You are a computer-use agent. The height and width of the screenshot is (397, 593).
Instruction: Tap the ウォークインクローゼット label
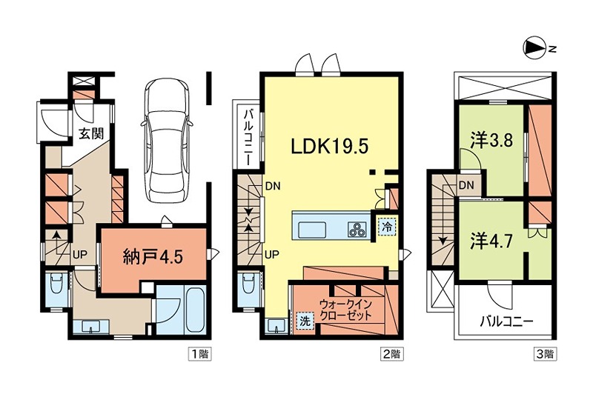pos(346,309)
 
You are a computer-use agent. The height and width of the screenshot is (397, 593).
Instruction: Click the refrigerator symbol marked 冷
pos(386,227)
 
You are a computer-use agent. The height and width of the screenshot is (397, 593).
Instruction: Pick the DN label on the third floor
pos(466,185)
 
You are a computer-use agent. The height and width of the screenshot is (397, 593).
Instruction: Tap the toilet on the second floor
pos(248,284)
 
